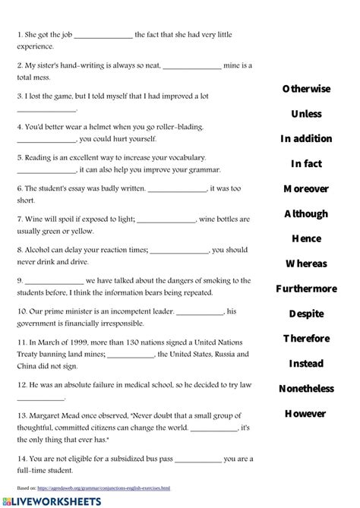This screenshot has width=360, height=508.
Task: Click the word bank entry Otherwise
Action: pos(306,89)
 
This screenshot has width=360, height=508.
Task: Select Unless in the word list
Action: pos(306,114)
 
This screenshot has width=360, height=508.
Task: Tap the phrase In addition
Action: pos(306,139)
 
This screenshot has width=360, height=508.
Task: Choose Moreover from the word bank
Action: pos(306,188)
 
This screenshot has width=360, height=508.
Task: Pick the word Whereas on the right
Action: pos(306,263)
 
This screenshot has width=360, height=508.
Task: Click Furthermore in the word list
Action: pos(306,289)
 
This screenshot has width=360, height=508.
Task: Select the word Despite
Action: pos(306,314)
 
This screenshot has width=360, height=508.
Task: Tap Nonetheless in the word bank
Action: pos(306,389)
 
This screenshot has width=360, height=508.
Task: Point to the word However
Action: pos(306,414)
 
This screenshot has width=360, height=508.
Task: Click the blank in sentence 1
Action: pos(103,35)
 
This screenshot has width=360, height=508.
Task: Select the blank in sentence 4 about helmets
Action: pos(46,140)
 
